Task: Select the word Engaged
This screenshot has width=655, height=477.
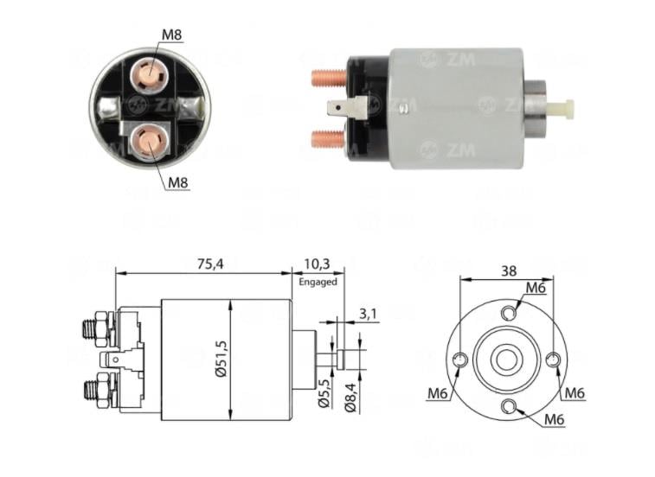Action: click(x=316, y=282)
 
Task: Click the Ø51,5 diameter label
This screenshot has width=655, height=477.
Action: click(x=222, y=360)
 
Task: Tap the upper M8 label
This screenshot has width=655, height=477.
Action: click(x=173, y=35)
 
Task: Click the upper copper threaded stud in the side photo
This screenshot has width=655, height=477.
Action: click(x=329, y=78)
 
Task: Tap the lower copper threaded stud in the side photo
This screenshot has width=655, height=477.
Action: click(x=329, y=137)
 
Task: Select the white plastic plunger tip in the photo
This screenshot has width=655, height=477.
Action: click(x=563, y=109)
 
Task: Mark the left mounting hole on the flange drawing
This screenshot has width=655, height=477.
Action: click(x=461, y=359)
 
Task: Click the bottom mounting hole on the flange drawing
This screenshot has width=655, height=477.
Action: click(x=508, y=406)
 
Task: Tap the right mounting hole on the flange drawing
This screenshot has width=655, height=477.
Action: click(x=555, y=359)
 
